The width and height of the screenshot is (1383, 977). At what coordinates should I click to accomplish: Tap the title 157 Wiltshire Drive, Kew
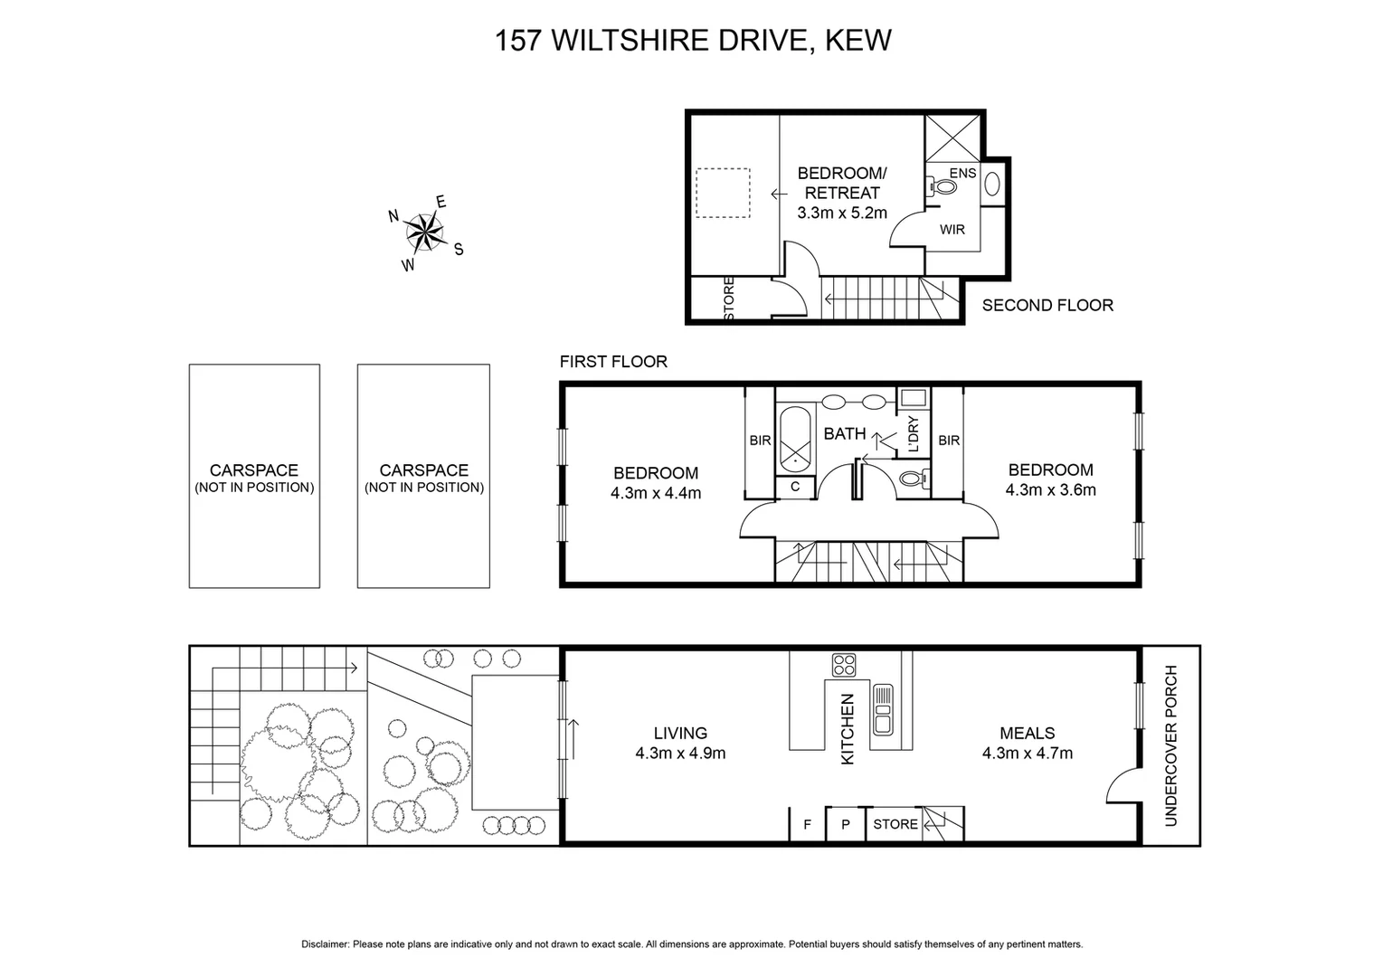tap(693, 41)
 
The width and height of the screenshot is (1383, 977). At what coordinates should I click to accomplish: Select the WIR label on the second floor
tap(952, 230)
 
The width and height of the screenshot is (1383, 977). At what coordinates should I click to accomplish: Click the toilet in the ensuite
tap(944, 187)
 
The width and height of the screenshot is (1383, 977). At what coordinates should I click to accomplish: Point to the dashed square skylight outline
tap(723, 193)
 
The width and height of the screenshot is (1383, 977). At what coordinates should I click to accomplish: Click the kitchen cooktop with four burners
tap(845, 665)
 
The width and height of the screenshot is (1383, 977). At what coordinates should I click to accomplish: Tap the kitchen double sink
tap(882, 709)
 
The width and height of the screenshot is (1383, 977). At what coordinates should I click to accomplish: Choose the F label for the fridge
tap(807, 824)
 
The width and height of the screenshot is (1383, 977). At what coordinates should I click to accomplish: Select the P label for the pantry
tap(846, 824)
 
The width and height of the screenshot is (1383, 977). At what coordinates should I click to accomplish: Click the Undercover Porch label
tap(1171, 745)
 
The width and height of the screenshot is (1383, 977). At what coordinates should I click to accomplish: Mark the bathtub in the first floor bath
tap(796, 440)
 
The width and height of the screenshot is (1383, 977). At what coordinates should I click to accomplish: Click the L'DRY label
tap(913, 433)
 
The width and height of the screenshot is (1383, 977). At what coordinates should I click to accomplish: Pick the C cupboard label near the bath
tap(795, 487)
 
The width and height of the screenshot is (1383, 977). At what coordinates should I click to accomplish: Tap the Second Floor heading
tap(1047, 306)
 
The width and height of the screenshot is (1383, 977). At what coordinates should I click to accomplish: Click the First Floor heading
tap(613, 362)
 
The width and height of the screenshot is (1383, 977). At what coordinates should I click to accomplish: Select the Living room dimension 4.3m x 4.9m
tap(680, 753)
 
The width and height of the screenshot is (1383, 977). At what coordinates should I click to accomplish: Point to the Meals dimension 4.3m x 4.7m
tap(1028, 753)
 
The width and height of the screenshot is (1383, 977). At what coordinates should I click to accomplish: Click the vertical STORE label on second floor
tap(729, 298)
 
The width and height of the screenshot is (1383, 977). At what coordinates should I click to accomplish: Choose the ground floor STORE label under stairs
tap(895, 824)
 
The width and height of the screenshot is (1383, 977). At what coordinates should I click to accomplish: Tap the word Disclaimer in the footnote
tap(325, 944)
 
